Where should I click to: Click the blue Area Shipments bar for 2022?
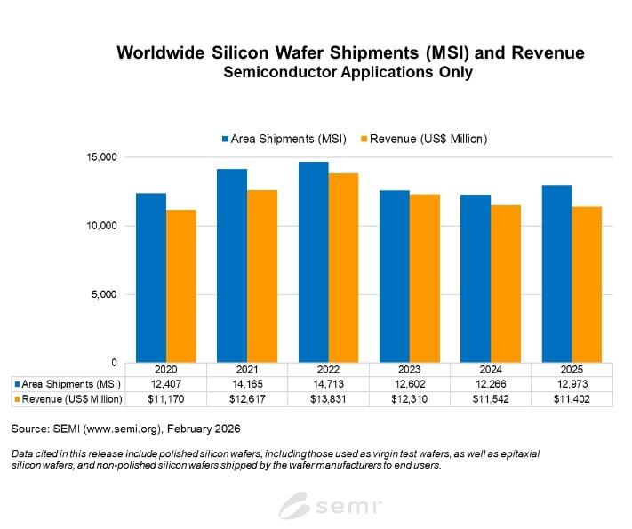(x=312, y=262)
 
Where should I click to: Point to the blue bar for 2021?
(x=232, y=266)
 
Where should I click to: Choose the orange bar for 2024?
(x=505, y=284)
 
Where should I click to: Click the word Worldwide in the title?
(x=167, y=53)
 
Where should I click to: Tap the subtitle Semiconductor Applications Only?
(x=349, y=73)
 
